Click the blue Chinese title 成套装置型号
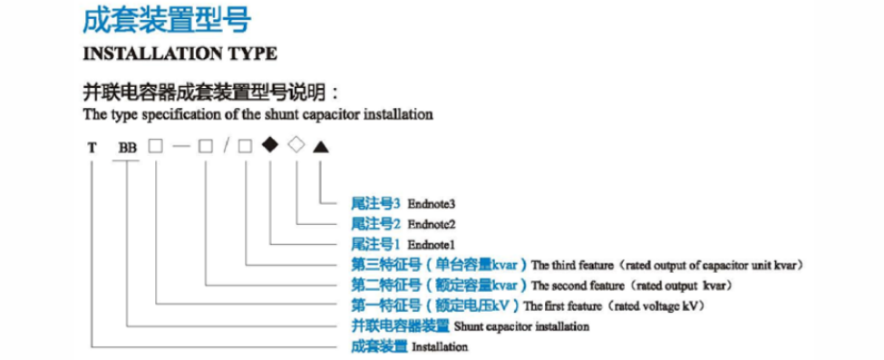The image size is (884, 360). point(167,19)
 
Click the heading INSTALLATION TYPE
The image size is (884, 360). point(180,54)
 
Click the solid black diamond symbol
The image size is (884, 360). point(269,144)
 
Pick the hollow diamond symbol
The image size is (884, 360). point(295,144)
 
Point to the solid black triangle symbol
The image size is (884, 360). point(320,145)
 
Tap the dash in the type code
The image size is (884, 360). point(180,146)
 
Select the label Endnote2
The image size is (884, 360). point(431,224)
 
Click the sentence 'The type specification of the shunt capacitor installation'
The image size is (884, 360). point(257,115)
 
